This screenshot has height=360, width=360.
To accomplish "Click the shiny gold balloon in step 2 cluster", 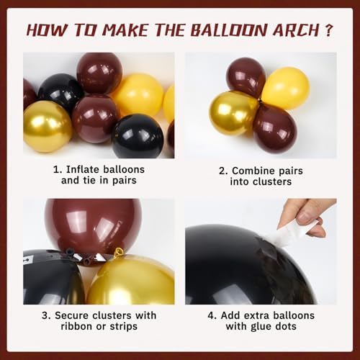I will point(233,112).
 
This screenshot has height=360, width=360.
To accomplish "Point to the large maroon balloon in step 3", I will point(91,225).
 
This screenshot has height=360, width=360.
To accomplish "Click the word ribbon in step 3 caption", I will point(63,328).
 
